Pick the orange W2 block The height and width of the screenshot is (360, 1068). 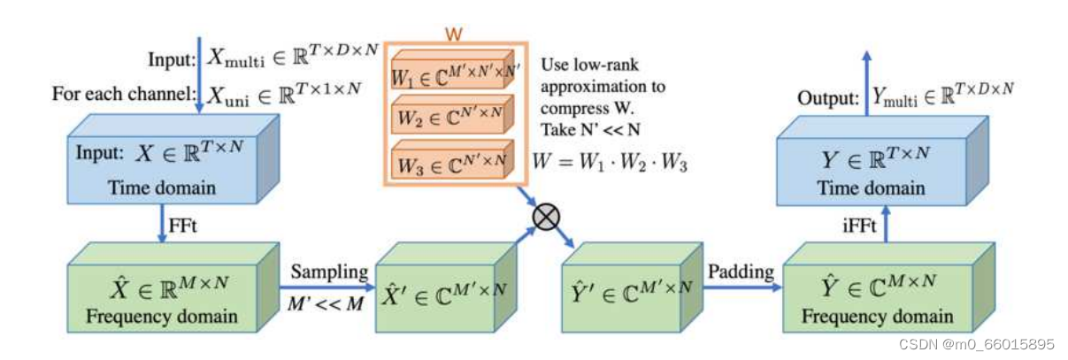pos(449,115)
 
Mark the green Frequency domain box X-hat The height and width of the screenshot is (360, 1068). pos(166,298)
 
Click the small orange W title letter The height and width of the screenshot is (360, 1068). pos(454,33)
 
